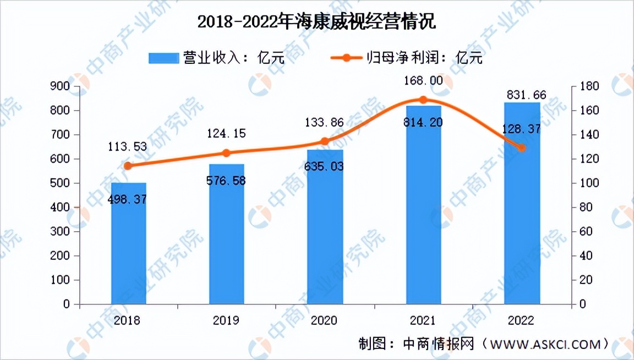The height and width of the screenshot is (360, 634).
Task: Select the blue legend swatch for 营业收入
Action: (x=163, y=58)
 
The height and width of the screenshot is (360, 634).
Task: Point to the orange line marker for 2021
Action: (x=423, y=100)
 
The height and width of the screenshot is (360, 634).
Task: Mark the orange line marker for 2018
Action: (x=128, y=166)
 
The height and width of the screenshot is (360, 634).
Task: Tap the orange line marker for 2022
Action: (x=522, y=148)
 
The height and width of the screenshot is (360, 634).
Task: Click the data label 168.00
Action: (x=423, y=81)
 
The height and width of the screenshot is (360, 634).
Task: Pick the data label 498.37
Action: (x=128, y=199)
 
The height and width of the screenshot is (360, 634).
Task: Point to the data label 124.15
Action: (x=226, y=133)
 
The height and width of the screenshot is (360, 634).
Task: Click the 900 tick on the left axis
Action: (x=59, y=86)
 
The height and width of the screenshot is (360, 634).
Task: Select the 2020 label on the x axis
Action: (x=325, y=320)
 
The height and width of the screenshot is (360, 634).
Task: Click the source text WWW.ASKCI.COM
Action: (x=545, y=345)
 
